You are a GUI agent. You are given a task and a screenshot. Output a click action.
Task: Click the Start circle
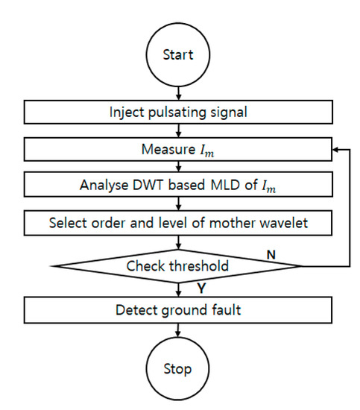click(178, 54)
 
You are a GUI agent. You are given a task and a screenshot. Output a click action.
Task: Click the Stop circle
click(178, 368)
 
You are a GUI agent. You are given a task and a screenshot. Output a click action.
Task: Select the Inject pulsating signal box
click(178, 113)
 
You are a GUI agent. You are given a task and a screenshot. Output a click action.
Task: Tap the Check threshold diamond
click(178, 265)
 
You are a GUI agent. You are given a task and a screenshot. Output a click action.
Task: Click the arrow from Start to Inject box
click(178, 92)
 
